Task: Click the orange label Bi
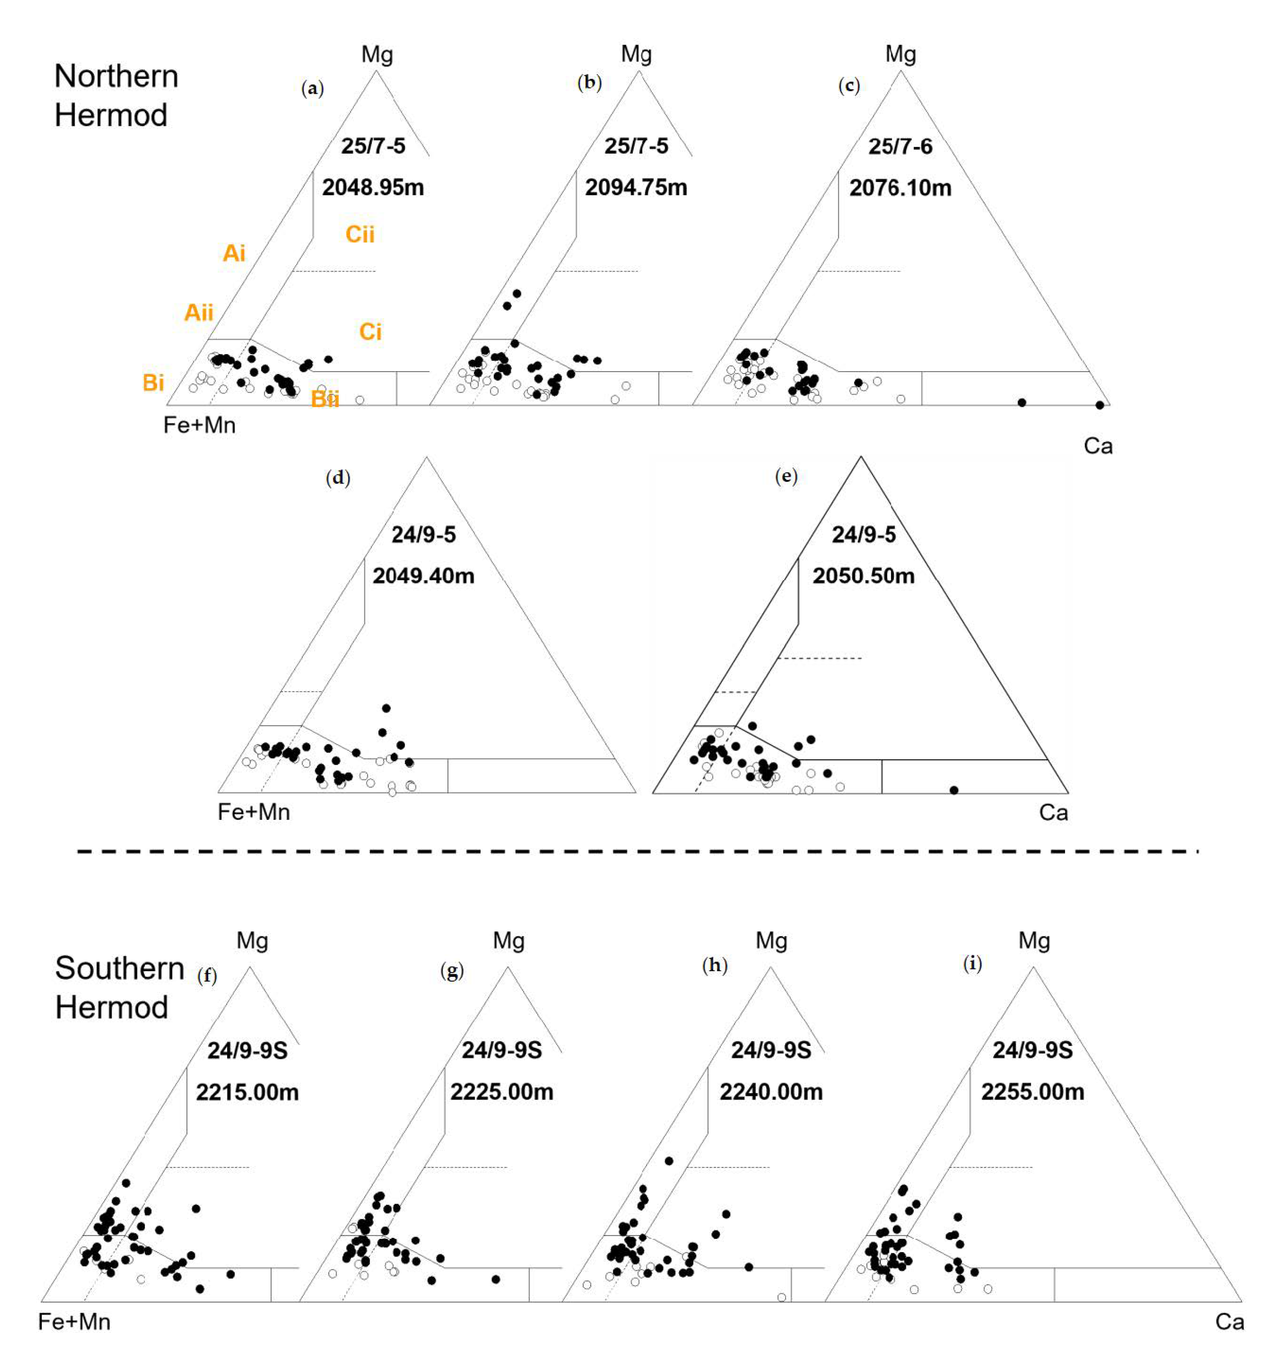coord(153,382)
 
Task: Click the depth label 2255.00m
coord(1032,1091)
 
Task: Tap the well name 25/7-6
coord(900,146)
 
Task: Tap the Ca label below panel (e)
coord(1053,812)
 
